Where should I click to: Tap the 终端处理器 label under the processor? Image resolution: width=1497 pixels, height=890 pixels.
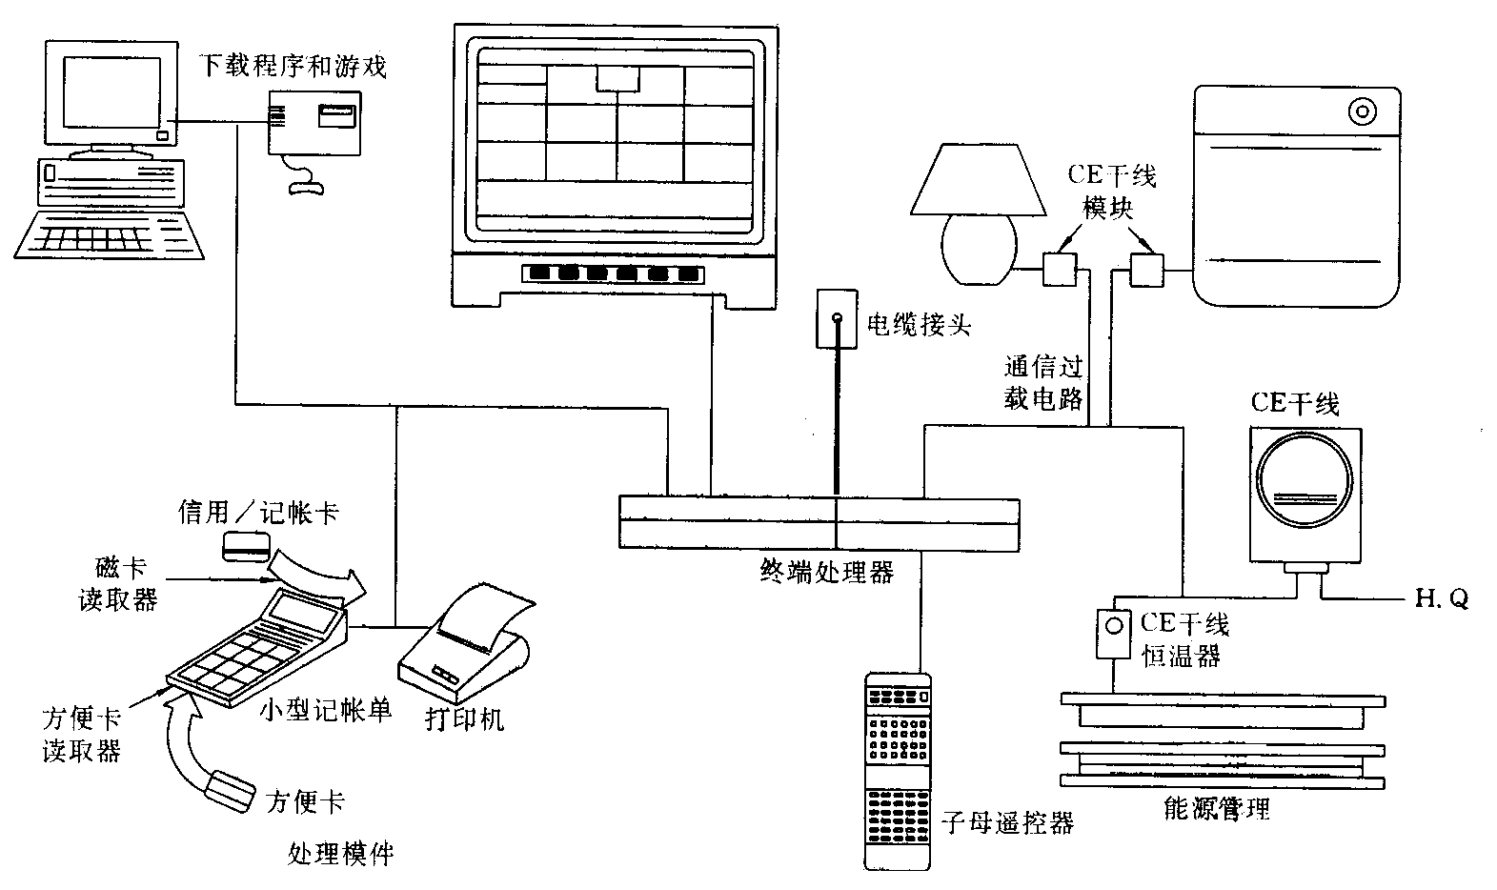click(x=826, y=571)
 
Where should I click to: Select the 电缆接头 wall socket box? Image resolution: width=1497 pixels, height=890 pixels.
click(x=837, y=318)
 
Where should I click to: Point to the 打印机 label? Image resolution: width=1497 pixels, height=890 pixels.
click(x=464, y=718)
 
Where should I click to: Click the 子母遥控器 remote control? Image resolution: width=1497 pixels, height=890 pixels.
click(x=897, y=770)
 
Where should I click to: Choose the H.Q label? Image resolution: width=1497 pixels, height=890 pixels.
click(x=1441, y=598)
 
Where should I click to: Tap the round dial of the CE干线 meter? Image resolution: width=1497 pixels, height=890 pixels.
click(x=1305, y=484)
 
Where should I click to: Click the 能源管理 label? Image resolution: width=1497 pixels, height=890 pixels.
click(x=1217, y=809)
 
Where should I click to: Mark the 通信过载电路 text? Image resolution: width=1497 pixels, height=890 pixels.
click(x=1043, y=382)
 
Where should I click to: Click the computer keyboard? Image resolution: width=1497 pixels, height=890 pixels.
click(x=111, y=234)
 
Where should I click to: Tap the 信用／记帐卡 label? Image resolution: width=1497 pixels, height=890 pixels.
click(x=258, y=514)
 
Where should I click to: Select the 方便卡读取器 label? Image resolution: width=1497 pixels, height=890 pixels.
click(x=82, y=733)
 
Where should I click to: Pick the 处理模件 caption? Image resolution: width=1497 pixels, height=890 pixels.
click(x=340, y=852)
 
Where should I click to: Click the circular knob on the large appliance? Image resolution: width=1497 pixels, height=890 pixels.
click(x=1363, y=112)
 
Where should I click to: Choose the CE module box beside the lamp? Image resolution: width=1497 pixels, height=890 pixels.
click(x=1059, y=269)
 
